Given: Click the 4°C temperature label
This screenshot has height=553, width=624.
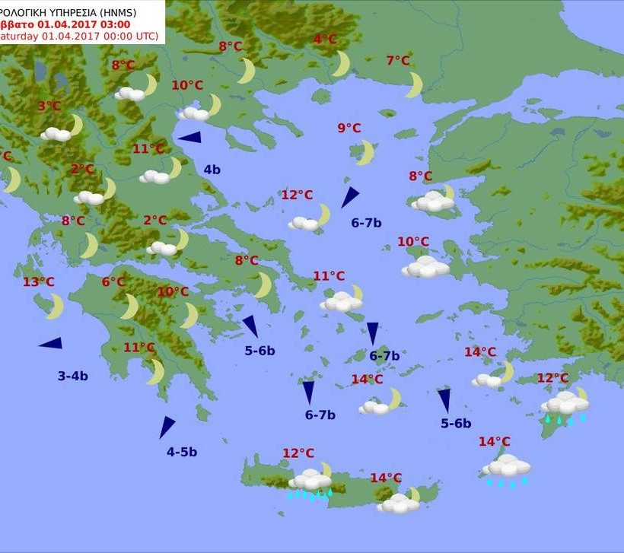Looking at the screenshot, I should tap(325, 40).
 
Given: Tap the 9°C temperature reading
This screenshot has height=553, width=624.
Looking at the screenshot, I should tap(349, 128).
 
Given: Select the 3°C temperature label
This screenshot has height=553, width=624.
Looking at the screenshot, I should tap(49, 106).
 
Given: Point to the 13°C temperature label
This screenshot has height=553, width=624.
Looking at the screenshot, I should tap(38, 282).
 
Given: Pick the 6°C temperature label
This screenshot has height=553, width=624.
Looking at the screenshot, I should tap(113, 282).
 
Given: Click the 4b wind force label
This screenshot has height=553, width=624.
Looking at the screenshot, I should tap(212, 170).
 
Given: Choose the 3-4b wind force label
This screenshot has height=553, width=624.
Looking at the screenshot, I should tap(73, 376).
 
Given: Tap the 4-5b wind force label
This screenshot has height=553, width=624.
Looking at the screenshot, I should tap(182, 452).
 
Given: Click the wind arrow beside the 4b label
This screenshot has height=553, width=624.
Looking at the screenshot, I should tap(189, 138).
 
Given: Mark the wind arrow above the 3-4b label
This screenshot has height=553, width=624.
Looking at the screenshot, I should tap(51, 344).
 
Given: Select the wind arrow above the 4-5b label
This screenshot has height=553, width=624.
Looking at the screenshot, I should tap(167, 427).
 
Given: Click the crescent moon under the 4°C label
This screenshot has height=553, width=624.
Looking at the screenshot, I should tap(341, 64).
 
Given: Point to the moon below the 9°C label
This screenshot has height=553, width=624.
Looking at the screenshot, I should tap(367, 152).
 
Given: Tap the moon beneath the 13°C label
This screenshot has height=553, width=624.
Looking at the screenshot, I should tap(55, 307).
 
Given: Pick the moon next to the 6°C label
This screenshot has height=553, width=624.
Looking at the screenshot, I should tap(130, 307).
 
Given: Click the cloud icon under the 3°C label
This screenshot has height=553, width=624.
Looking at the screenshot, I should tap(56, 134).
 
